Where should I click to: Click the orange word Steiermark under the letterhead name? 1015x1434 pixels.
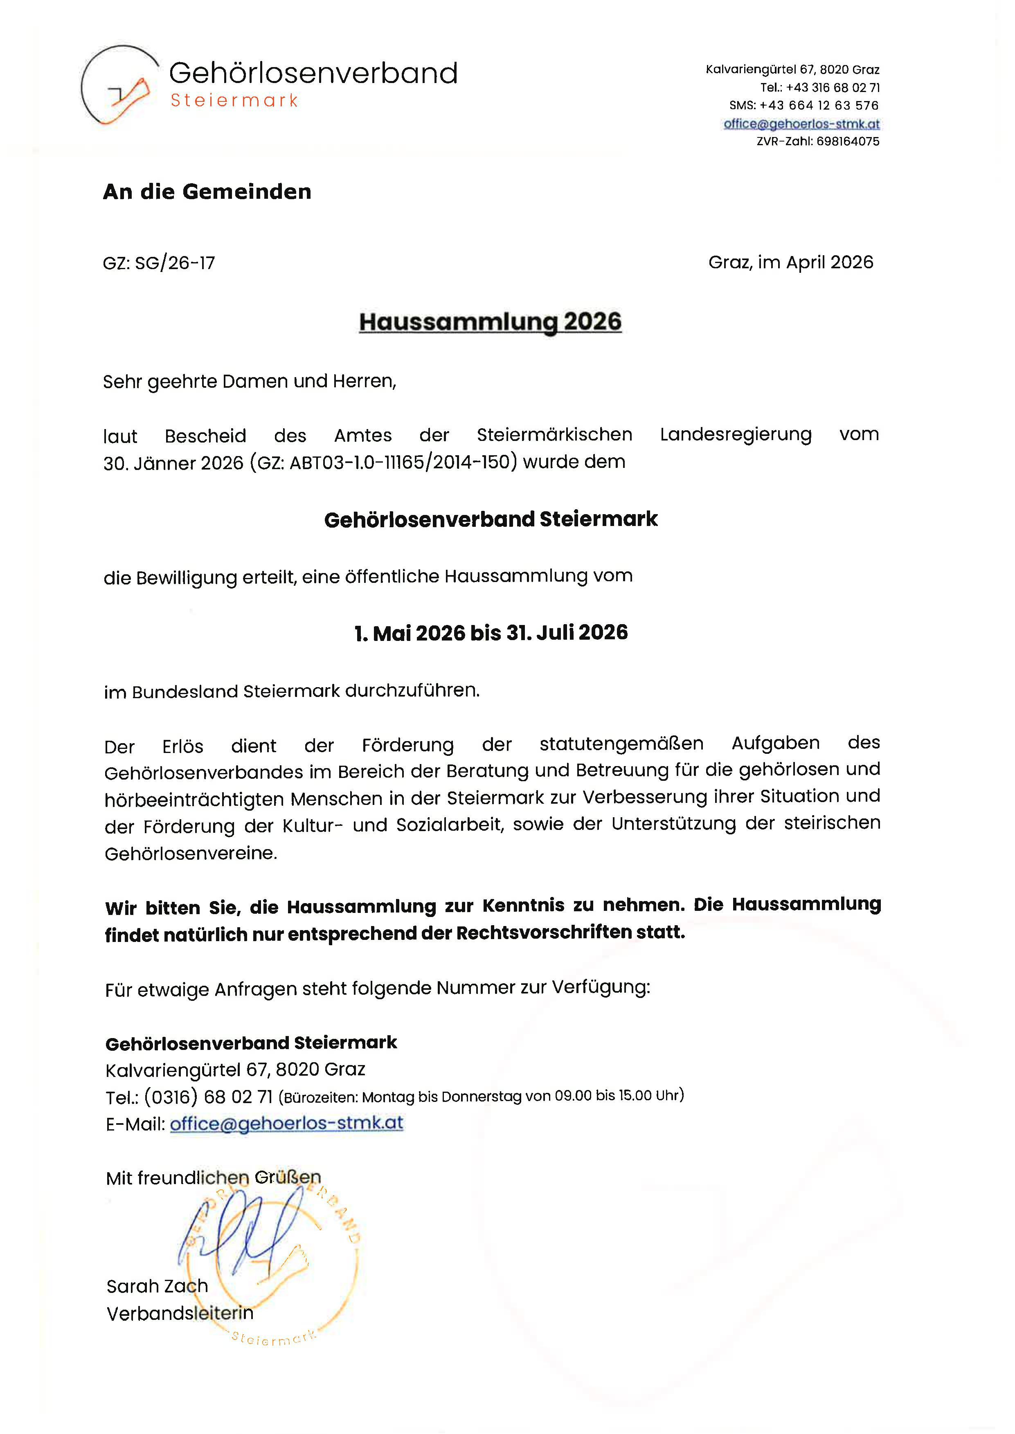pyautogui.click(x=234, y=101)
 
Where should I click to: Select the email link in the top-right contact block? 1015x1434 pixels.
pyautogui.click(x=801, y=124)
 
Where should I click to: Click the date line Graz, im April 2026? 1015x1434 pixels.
pyautogui.click(x=791, y=263)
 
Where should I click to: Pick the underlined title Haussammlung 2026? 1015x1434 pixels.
pyautogui.click(x=490, y=322)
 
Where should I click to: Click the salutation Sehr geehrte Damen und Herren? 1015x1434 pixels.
pyautogui.click(x=250, y=381)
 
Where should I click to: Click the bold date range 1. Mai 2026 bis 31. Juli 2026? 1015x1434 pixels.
pyautogui.click(x=491, y=633)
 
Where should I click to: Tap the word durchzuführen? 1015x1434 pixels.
pyautogui.click(x=412, y=690)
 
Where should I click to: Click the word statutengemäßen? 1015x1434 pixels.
pyautogui.click(x=621, y=744)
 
